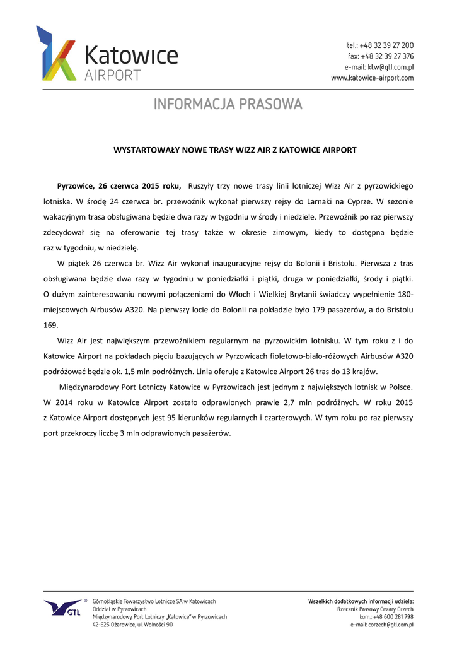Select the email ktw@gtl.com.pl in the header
coord(390,67)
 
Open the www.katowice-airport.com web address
coord(373,78)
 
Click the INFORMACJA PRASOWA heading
coord(228,103)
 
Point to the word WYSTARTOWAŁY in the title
coord(143,150)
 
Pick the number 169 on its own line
coord(50,326)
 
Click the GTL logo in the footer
coord(63,609)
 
